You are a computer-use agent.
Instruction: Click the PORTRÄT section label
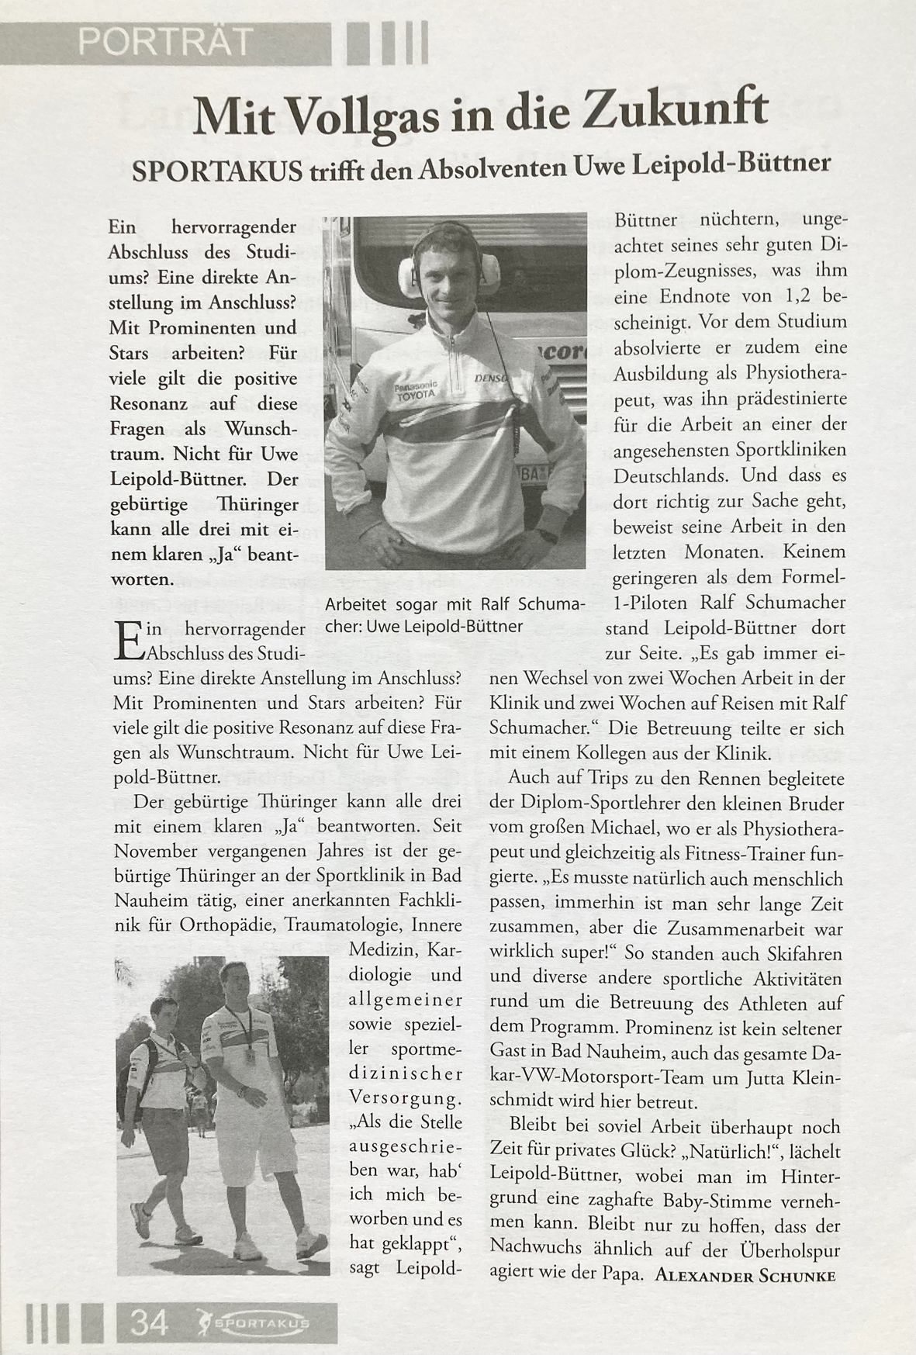(x=166, y=43)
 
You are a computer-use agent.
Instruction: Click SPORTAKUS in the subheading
(x=217, y=171)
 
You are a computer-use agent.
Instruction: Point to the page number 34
(x=149, y=1322)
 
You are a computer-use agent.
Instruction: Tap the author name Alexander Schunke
(x=745, y=1276)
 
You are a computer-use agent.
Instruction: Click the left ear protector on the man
(x=408, y=272)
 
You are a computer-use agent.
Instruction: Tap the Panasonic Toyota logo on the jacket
(x=416, y=390)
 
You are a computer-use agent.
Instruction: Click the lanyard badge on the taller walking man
(x=250, y=1056)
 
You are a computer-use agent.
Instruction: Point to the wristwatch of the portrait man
(x=548, y=534)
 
